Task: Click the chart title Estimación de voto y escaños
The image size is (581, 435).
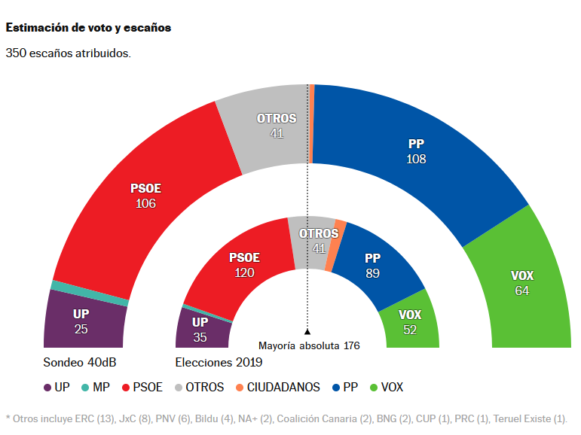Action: click(88, 28)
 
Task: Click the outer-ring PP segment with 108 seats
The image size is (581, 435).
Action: click(416, 151)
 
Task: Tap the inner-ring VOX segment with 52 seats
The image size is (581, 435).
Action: click(409, 321)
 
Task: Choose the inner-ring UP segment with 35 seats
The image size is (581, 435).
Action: click(199, 328)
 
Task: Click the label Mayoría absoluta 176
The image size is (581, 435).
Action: click(309, 346)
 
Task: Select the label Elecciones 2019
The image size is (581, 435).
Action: click(219, 363)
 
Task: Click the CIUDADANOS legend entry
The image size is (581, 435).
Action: click(277, 388)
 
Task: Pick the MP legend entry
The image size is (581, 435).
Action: click(96, 388)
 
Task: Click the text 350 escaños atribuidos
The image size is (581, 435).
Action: click(69, 53)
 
